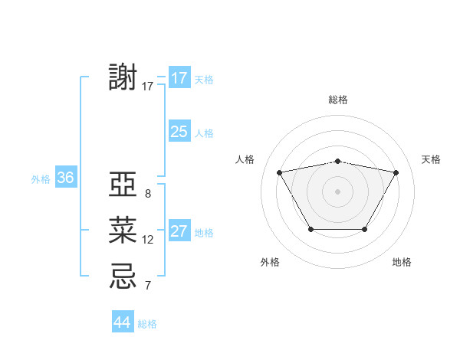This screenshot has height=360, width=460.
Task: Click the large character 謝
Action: (x=123, y=78)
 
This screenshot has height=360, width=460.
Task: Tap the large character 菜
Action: (x=123, y=229)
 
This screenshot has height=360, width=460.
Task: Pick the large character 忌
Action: (x=123, y=275)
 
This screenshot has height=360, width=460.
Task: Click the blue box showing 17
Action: (x=179, y=78)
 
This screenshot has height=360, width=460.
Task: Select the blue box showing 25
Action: (x=179, y=132)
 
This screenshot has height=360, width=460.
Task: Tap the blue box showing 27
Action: (x=179, y=231)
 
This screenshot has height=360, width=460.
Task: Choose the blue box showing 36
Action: (x=65, y=178)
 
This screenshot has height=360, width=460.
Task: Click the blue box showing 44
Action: (x=123, y=322)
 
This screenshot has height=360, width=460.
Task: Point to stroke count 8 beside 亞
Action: (x=147, y=194)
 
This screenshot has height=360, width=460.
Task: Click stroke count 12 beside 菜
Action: (x=147, y=240)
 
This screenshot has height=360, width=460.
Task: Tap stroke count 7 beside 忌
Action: (x=147, y=286)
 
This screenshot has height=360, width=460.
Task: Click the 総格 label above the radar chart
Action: (x=337, y=100)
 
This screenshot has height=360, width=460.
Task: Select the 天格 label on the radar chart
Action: (x=431, y=159)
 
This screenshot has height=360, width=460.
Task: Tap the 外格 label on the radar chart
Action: (x=270, y=262)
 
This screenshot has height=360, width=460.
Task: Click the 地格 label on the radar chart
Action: (x=402, y=262)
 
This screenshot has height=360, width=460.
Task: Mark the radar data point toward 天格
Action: (x=396, y=172)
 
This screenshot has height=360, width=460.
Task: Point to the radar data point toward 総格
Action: (x=337, y=161)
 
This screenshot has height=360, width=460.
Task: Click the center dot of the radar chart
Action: (x=337, y=191)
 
